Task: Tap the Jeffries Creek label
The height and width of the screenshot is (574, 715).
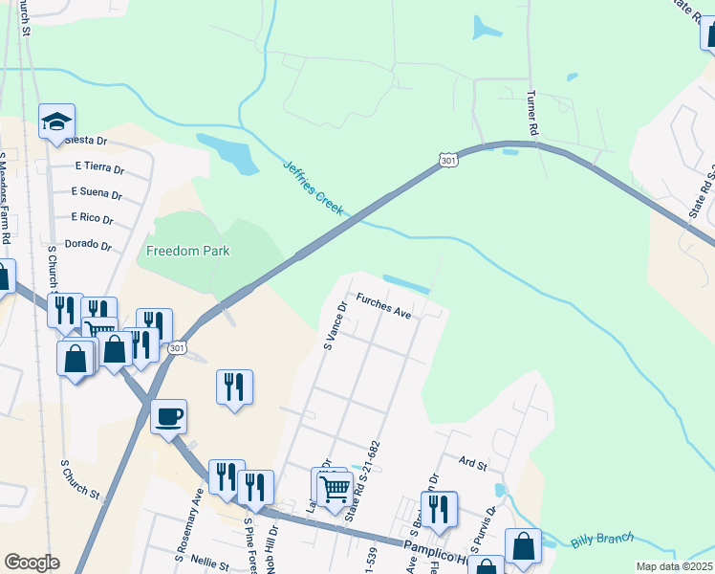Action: click(x=314, y=187)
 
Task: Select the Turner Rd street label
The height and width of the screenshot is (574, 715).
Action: click(x=532, y=113)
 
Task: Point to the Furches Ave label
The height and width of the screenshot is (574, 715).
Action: click(x=383, y=307)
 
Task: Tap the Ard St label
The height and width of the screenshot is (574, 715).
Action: click(x=473, y=464)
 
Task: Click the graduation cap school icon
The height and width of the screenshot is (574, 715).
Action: click(x=56, y=122)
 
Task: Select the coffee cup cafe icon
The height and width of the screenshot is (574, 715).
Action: click(x=168, y=417)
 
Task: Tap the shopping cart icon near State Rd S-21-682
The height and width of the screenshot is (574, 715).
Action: click(x=335, y=489)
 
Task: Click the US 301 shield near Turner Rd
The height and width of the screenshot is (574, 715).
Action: click(x=448, y=162)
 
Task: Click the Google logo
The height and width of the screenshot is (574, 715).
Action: click(x=32, y=563)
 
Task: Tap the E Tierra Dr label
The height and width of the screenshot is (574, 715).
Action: click(x=99, y=167)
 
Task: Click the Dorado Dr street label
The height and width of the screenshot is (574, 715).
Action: click(x=88, y=245)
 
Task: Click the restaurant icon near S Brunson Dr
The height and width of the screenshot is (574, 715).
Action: click(x=439, y=508)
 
